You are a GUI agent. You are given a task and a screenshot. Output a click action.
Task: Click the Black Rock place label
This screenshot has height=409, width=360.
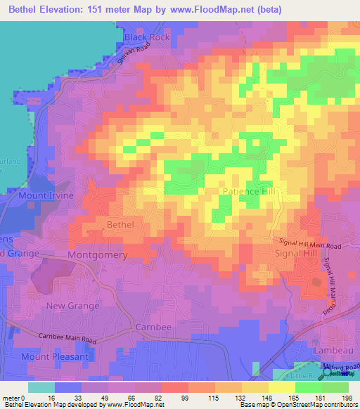(147, 37)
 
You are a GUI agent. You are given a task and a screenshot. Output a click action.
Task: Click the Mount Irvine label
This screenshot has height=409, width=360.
(46, 195)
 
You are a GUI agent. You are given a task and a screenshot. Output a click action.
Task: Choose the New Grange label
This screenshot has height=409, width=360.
(70, 306)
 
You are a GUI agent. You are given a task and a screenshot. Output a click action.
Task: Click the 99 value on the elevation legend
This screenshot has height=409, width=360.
(186, 397)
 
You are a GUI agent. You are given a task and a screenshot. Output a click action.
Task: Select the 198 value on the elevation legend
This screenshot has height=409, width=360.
(344, 397)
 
